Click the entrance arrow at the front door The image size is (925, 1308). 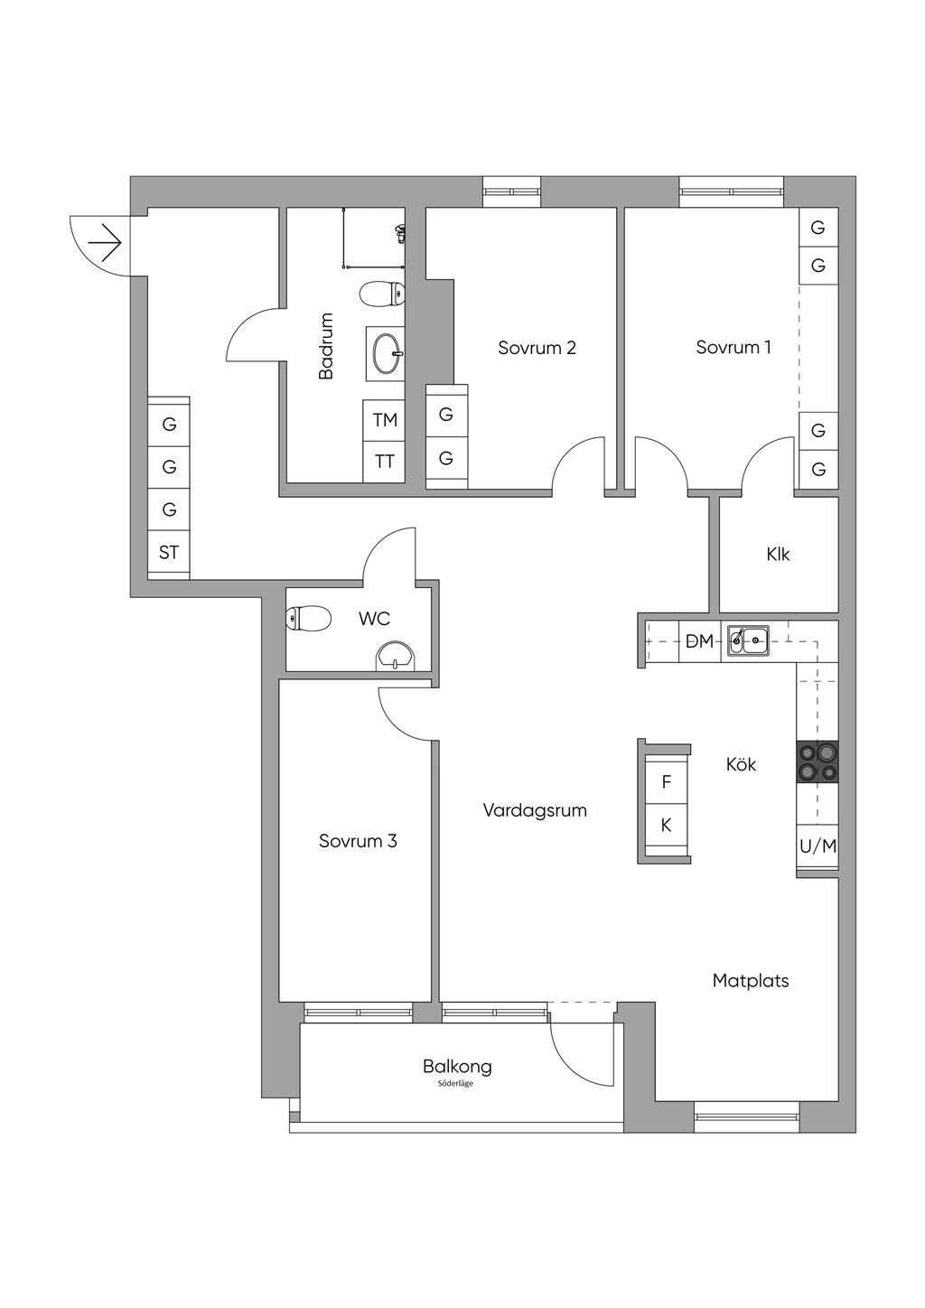pyautogui.click(x=104, y=242)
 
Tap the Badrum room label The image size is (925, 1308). pyautogui.click(x=326, y=346)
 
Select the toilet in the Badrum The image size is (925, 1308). pyautogui.click(x=382, y=294)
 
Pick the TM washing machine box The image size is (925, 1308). pyautogui.click(x=384, y=420)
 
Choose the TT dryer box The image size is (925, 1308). pyautogui.click(x=384, y=462)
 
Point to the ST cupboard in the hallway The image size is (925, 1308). pyautogui.click(x=169, y=553)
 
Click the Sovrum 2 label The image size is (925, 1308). pyautogui.click(x=537, y=348)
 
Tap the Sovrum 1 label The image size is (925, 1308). pyautogui.click(x=733, y=348)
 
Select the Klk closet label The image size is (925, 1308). pyautogui.click(x=778, y=554)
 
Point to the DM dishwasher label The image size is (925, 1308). pyautogui.click(x=699, y=641)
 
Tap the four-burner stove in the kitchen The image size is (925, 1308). pyautogui.click(x=817, y=761)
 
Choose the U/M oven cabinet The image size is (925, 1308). pyautogui.click(x=818, y=846)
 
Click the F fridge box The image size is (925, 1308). pyautogui.click(x=667, y=782)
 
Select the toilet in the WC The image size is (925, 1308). pyautogui.click(x=309, y=619)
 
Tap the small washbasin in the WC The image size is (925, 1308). pyautogui.click(x=396, y=657)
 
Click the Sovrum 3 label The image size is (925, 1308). pyautogui.click(x=358, y=841)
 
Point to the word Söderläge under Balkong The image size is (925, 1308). pyautogui.click(x=457, y=1084)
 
